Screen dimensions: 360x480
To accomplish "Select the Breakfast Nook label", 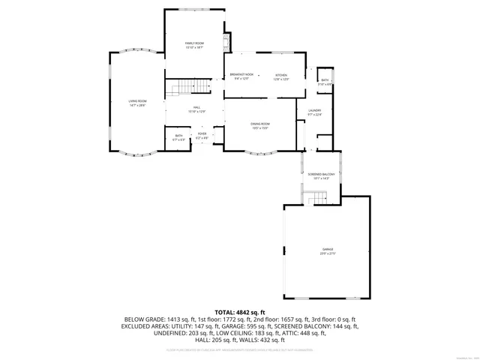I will [241, 75].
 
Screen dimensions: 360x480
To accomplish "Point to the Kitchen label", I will [280, 75].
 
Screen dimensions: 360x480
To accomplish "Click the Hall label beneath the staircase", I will [196, 108].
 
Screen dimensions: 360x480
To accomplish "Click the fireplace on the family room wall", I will [226, 40].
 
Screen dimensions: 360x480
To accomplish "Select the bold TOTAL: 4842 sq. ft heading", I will [240, 312].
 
